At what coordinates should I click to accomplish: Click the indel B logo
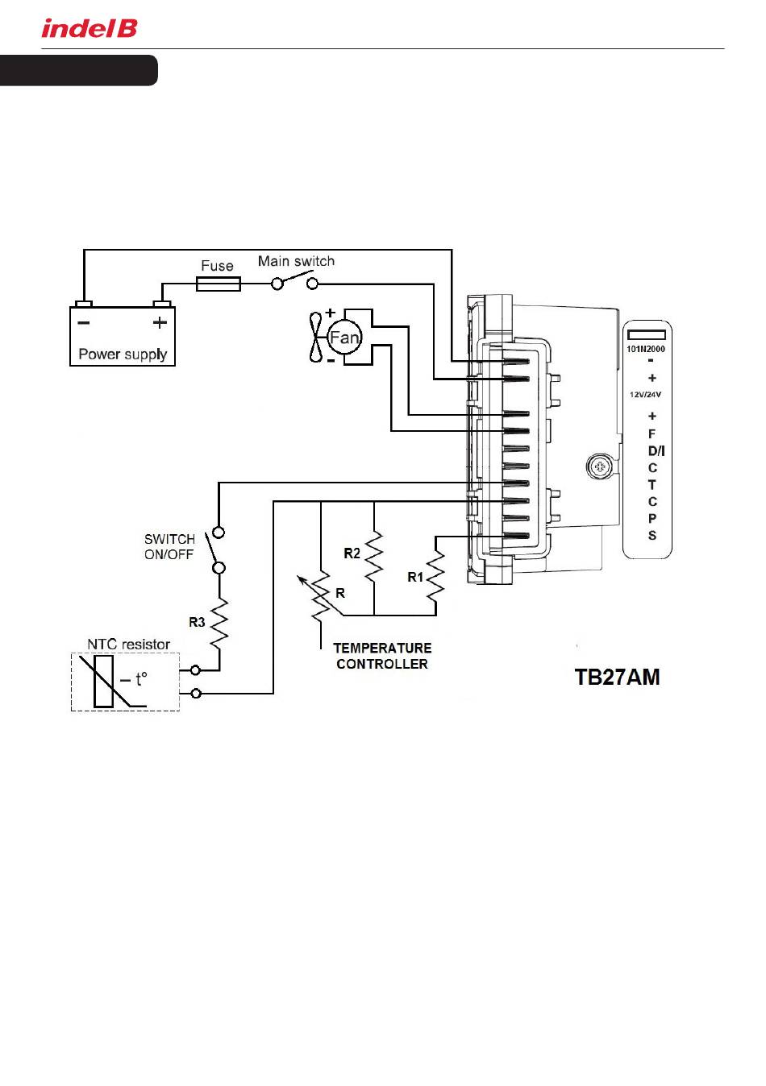90,28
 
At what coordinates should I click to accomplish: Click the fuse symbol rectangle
218,284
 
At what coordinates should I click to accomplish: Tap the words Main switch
296,261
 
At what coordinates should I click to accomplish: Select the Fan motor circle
344,337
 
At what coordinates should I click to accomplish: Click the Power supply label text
123,354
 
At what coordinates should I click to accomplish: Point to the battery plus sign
160,322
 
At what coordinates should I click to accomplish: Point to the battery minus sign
83,322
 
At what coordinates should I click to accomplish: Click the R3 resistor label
197,622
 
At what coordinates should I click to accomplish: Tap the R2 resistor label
352,553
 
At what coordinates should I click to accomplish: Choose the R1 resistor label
415,578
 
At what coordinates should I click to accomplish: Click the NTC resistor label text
128,645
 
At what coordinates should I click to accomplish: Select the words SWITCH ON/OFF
169,547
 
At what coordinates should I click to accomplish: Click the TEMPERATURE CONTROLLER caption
382,656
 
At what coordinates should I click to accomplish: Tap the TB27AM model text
617,678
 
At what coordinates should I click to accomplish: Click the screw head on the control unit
600,467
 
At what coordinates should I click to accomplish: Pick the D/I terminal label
656,451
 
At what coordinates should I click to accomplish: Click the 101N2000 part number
646,349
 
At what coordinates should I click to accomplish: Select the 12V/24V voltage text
645,395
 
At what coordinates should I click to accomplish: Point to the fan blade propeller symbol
315,337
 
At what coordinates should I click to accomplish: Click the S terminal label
652,536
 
